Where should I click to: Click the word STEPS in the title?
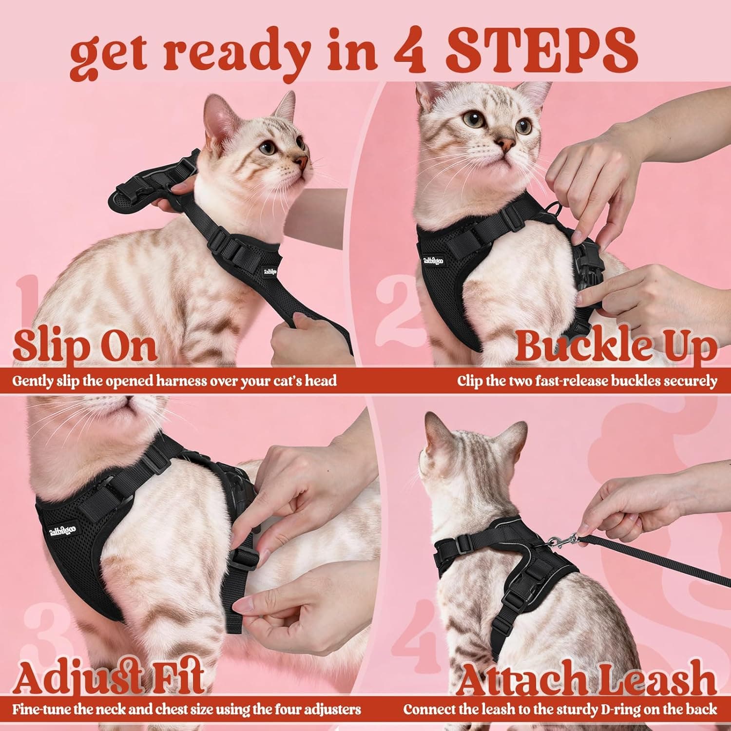[542, 51]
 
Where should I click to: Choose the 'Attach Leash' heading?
[587, 678]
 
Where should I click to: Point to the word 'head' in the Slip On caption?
[321, 380]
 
